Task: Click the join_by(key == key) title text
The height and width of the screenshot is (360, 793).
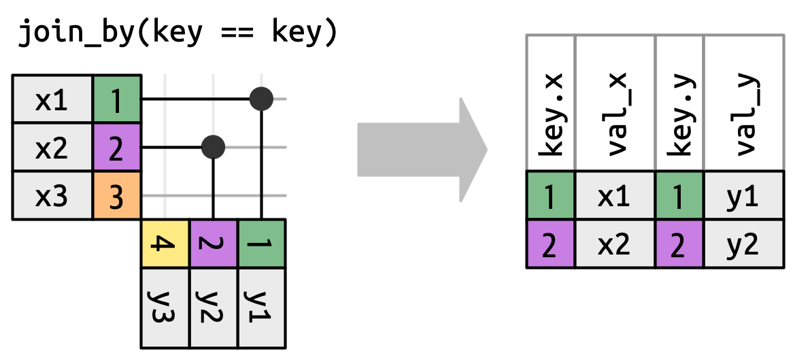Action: [x=178, y=33]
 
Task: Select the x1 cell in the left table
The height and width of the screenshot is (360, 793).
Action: [x=52, y=100]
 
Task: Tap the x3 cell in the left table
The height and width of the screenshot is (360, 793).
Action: [x=52, y=196]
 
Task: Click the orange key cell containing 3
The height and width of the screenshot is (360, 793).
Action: [x=116, y=196]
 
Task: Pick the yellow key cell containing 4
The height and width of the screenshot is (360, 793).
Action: [x=165, y=243]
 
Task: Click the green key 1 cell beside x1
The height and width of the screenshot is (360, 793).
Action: [x=116, y=100]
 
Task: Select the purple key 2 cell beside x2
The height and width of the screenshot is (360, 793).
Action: [x=116, y=148]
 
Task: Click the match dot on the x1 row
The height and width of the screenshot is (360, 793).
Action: [x=261, y=99]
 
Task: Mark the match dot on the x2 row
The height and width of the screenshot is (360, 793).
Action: [x=214, y=146]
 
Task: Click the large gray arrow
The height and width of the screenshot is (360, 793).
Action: [x=422, y=149]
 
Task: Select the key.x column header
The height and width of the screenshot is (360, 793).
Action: [x=551, y=102]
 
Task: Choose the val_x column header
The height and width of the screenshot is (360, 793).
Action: [x=615, y=102]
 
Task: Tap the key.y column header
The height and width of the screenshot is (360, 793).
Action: [x=679, y=102]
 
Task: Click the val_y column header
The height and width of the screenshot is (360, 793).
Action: [x=743, y=102]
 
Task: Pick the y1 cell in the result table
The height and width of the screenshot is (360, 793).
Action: [x=743, y=197]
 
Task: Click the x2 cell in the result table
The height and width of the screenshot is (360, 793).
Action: [x=615, y=244]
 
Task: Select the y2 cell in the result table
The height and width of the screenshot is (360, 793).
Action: [x=743, y=244]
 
